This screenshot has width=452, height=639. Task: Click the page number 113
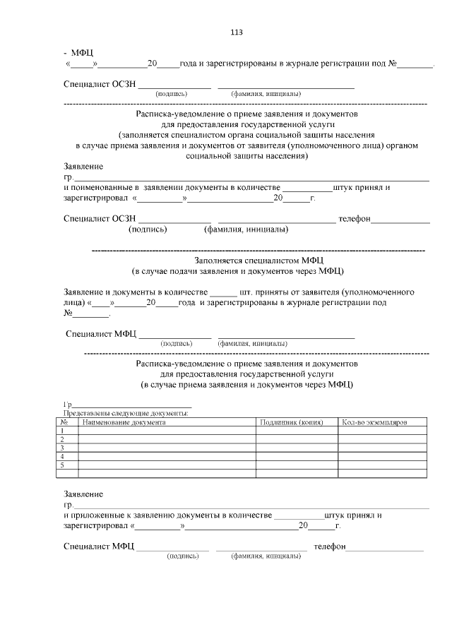click(x=237, y=32)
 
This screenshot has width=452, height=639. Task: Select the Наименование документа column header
click(x=124, y=422)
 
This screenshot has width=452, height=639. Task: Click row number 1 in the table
click(x=64, y=431)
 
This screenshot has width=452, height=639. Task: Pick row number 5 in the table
click(x=64, y=465)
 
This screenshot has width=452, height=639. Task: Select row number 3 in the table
click(x=64, y=448)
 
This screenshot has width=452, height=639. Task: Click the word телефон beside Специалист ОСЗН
click(x=355, y=219)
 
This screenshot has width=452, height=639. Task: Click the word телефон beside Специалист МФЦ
click(x=330, y=547)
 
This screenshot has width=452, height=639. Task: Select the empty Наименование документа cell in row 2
click(x=166, y=439)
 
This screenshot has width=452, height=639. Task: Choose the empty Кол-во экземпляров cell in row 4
click(x=383, y=457)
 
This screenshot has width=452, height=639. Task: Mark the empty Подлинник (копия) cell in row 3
click(x=297, y=448)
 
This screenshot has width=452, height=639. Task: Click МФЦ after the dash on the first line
click(x=82, y=52)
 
